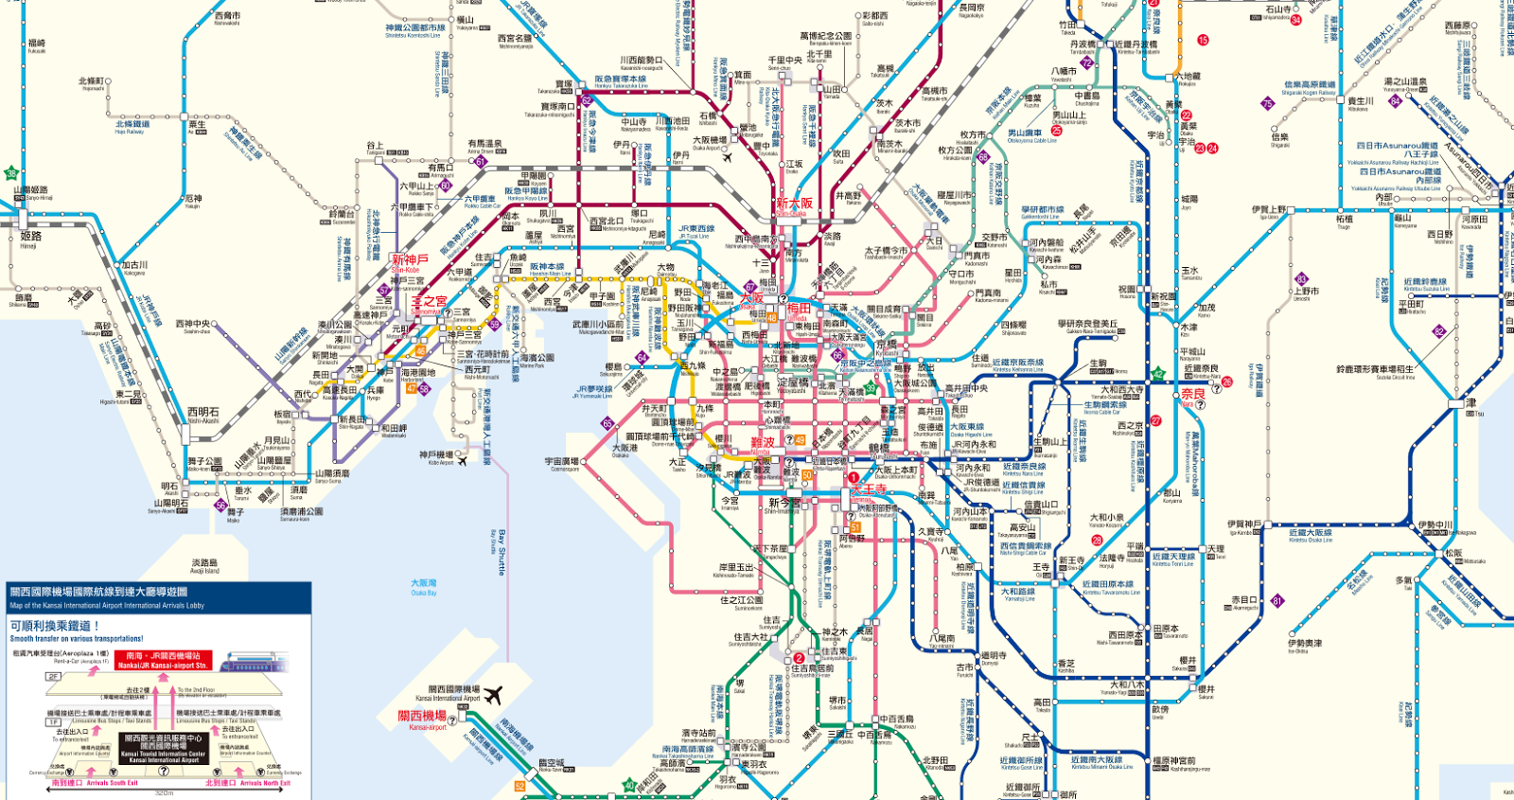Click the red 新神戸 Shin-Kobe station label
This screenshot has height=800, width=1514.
pos(410,260)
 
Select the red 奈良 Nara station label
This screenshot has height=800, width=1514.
pos(1192,395)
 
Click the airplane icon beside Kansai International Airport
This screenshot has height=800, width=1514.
pos(492,696)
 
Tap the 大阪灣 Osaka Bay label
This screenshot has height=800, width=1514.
pos(424,587)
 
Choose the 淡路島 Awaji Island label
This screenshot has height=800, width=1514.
pos(204,565)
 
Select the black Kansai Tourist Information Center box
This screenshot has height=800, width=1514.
pos(163,748)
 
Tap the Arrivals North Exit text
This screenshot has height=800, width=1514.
pos(262,783)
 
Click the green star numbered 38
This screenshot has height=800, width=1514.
pos(11,173)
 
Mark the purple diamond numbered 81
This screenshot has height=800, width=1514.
pos(1277,600)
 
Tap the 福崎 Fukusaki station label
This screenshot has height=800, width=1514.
pos(36,45)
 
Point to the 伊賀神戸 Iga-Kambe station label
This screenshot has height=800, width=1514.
pos(1243,525)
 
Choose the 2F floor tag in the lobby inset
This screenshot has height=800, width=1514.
pos(53,677)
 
